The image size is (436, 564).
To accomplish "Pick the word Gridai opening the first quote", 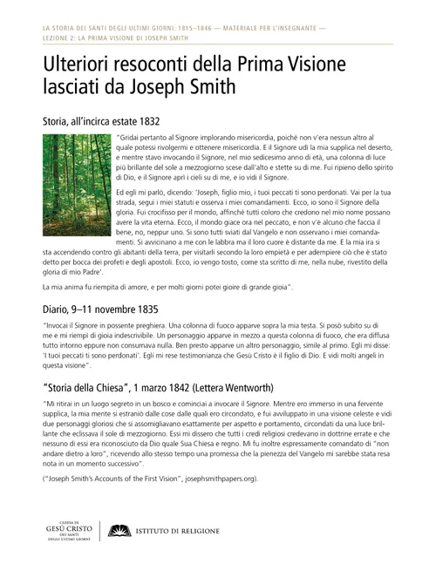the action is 132,139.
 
